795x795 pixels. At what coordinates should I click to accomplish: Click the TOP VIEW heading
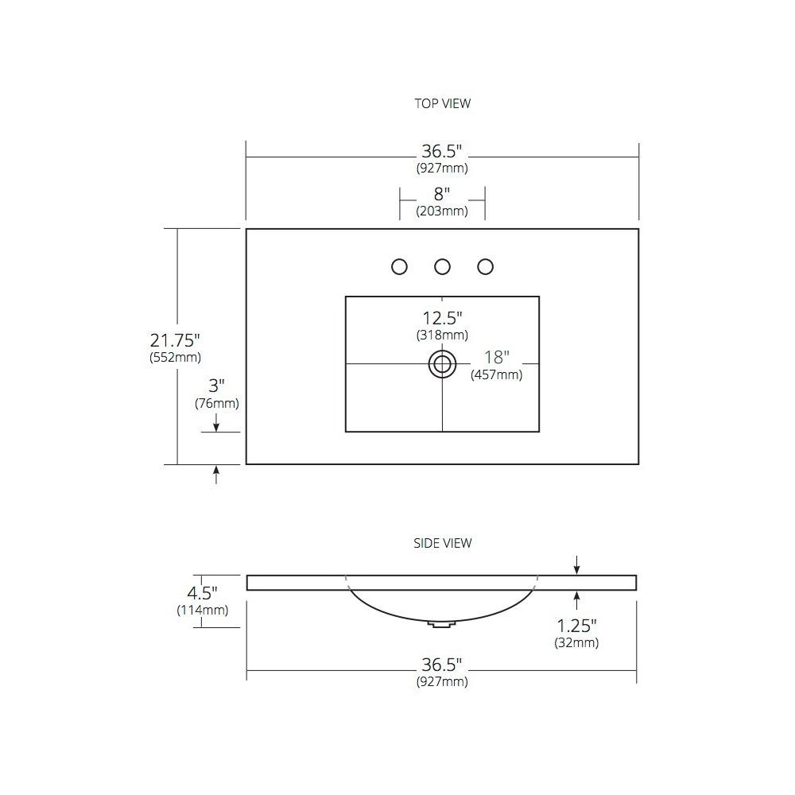443,103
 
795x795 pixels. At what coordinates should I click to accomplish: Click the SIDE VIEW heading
443,543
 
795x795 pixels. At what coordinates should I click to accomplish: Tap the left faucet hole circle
400,266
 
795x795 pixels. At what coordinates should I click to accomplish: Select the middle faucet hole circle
443,266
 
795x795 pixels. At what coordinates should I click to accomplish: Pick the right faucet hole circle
486,266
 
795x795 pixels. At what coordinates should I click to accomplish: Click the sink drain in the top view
442,364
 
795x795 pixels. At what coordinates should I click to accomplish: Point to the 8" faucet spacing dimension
442,194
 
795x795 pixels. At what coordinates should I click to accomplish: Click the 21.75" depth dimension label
175,340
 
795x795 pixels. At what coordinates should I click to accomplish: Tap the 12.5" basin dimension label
442,319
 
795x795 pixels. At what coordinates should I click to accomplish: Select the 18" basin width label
496,358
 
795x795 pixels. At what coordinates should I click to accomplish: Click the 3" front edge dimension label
216,386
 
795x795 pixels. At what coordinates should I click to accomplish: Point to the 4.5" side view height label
202,593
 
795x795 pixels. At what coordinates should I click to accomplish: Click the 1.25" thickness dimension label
576,626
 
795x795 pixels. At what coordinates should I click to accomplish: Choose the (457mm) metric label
496,374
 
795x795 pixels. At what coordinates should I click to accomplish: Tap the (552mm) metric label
176,358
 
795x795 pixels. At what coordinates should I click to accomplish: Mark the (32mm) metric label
576,643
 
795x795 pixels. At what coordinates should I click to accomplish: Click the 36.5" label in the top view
442,151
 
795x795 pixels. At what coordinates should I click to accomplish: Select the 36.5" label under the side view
442,665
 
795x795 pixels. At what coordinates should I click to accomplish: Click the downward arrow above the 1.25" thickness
576,565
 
